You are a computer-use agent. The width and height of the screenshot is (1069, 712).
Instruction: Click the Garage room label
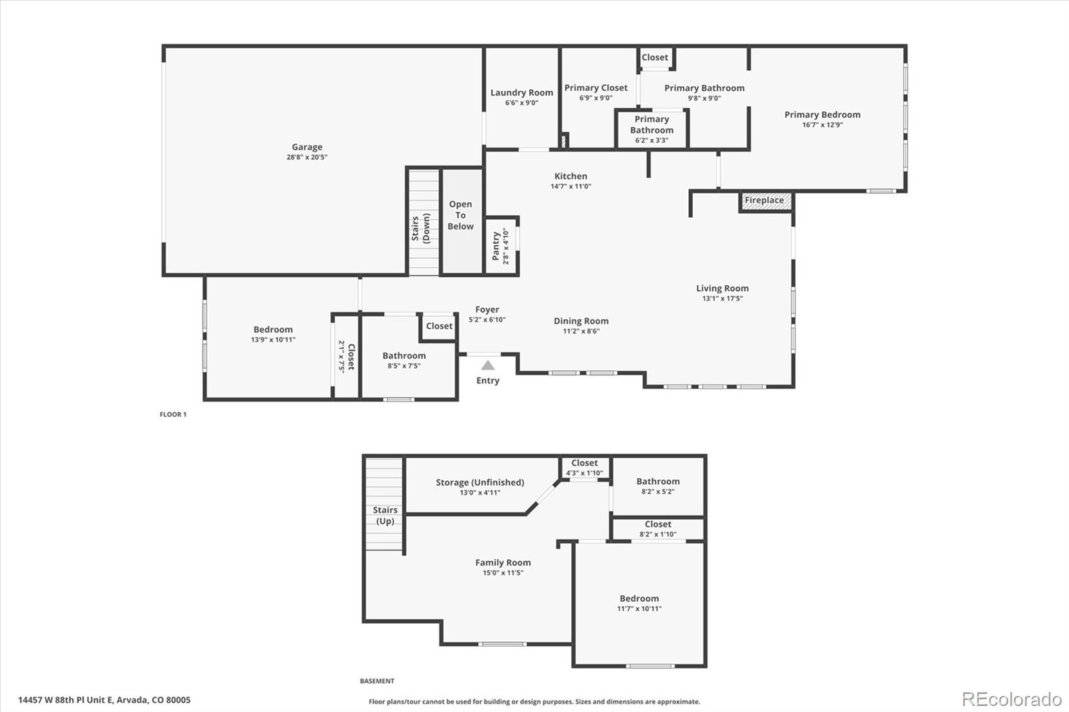coord(307,147)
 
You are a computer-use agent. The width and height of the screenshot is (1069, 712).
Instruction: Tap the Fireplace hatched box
coord(766,201)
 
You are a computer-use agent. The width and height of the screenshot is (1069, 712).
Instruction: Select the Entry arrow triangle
coord(488,365)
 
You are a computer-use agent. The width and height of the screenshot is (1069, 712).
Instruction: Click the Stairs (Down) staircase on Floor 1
coord(424,222)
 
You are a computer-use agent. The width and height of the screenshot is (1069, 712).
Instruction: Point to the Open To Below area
coord(460,216)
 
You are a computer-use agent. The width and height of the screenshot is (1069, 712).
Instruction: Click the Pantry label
coord(496,246)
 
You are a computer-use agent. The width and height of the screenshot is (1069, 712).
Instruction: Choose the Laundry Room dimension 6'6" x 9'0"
coord(521,103)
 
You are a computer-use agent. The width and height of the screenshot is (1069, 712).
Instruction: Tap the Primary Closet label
coord(595,87)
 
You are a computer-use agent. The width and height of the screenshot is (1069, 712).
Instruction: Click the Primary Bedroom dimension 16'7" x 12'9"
coord(822,125)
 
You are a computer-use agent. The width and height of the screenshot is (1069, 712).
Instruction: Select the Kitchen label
coord(571,176)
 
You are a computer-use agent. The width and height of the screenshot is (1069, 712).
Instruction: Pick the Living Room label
coord(722,289)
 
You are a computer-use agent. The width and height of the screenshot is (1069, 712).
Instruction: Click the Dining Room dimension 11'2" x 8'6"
coord(581,331)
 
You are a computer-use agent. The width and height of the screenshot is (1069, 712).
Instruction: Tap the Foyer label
coord(487,309)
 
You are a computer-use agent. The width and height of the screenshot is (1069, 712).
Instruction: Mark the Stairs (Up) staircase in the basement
coord(384,504)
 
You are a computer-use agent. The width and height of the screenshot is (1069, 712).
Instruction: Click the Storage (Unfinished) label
coord(480,482)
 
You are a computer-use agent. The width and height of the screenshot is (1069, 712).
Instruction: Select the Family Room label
coord(502,562)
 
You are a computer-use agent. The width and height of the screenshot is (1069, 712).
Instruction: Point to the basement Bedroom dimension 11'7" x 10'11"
coord(639,608)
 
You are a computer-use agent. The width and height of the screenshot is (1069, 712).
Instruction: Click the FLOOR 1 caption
coord(173,415)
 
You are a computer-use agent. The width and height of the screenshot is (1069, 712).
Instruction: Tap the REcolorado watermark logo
coord(1012,699)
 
